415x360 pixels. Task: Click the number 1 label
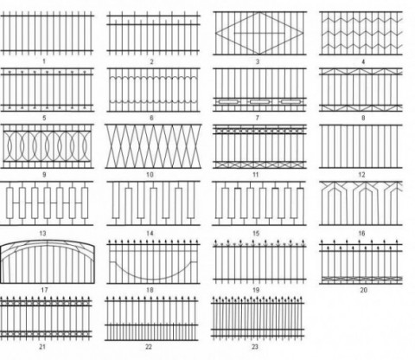tap(44, 61)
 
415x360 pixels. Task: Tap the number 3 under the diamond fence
tap(258, 61)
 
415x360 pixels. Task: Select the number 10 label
tap(150, 175)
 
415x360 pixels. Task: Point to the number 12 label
tap(361, 175)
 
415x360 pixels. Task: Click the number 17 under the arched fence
tap(44, 290)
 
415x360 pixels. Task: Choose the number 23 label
tap(255, 346)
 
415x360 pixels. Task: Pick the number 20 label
tap(364, 290)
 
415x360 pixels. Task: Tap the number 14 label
tap(150, 233)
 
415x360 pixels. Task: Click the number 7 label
tap(258, 118)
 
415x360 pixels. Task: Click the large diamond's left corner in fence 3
tap(215, 33)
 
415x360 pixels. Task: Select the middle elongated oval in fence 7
tap(259, 102)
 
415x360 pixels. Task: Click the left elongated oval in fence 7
tap(228, 102)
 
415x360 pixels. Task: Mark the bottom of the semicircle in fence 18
tap(153, 280)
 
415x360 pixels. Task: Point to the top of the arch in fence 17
tap(48, 241)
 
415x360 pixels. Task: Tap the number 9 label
tap(44, 175)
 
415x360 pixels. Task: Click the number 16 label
tap(361, 233)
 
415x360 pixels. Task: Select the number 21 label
tap(42, 346)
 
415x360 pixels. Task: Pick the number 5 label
tap(44, 118)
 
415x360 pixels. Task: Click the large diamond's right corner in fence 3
tap(303, 33)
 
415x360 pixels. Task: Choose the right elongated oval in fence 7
tap(290, 102)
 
